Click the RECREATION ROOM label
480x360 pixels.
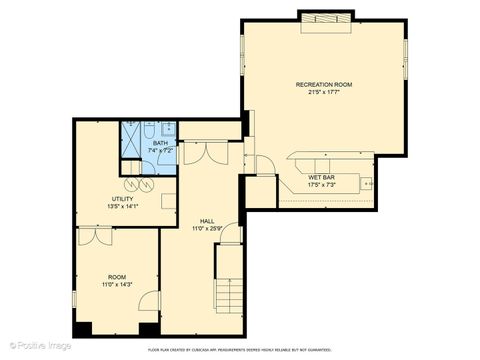pos(323,84)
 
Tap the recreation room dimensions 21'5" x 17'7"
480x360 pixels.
pos(323,94)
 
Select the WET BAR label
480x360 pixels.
pos(321,177)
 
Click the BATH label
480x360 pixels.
pos(160,143)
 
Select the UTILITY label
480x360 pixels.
pos(123,198)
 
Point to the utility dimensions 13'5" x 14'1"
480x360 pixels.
pos(123,207)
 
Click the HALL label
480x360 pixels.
pos(206,220)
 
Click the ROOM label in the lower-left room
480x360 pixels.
pos(117,276)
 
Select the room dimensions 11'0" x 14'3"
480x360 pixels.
pos(117,285)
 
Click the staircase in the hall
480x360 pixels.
pos(229,285)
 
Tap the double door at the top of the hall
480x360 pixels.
pos(204,153)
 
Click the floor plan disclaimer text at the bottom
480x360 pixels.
pos(239,350)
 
